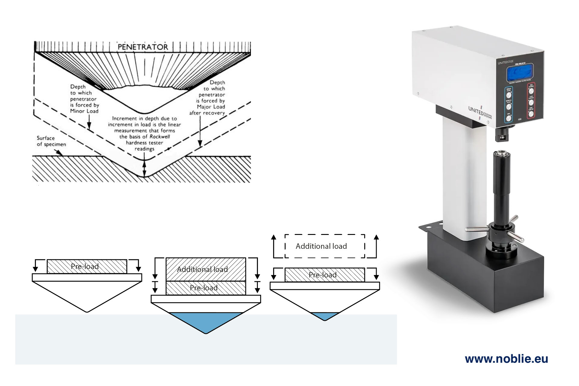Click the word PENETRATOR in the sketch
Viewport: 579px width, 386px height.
coord(143,47)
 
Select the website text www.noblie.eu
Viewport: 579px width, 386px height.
coord(506,359)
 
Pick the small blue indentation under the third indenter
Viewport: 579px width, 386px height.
coord(325,316)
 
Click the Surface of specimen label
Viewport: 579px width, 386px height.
coord(51,141)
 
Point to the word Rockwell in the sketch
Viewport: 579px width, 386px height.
coord(160,137)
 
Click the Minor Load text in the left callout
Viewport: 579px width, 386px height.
coord(84,111)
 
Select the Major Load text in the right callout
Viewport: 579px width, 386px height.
coord(211,107)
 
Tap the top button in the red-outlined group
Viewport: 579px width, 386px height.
coord(531,90)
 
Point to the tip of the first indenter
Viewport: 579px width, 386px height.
coord(87,312)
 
